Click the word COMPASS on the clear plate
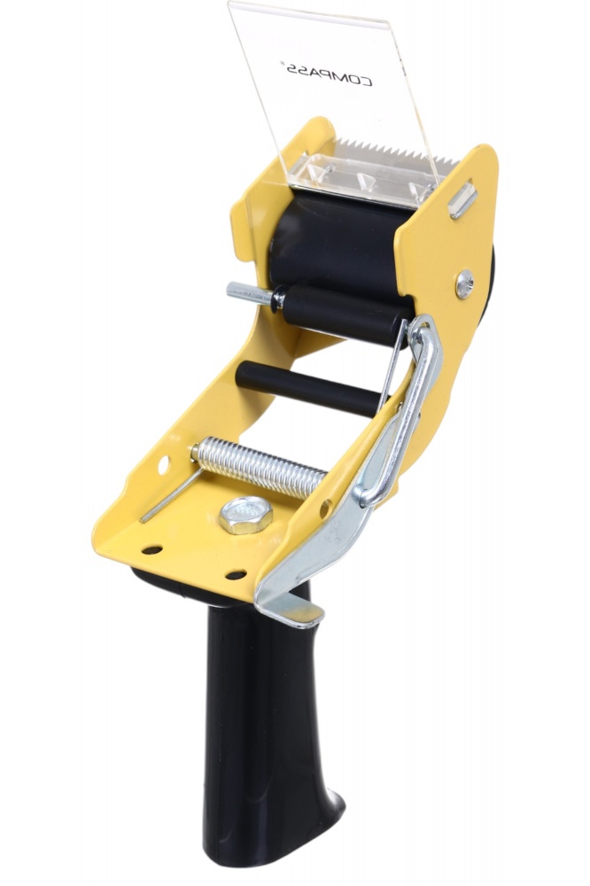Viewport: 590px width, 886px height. tap(331, 74)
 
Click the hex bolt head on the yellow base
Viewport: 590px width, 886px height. tap(246, 515)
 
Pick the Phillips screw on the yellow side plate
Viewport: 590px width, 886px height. tap(464, 284)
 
